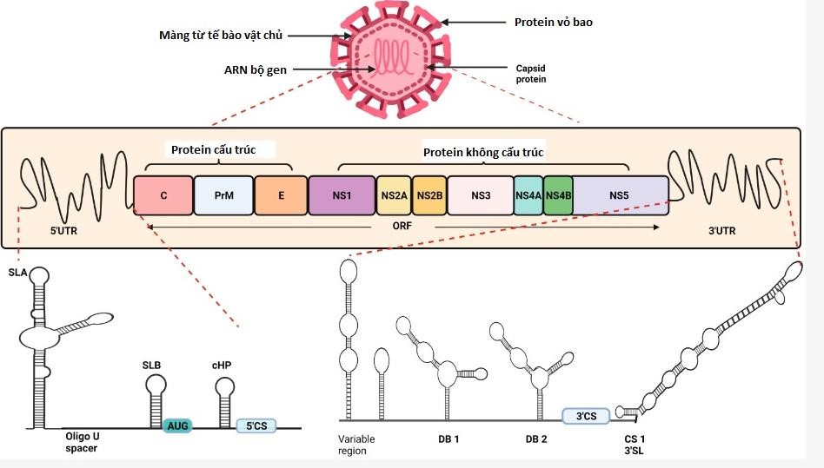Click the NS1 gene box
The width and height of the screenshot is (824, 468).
(342, 196)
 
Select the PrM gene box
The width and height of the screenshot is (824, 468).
(223, 196)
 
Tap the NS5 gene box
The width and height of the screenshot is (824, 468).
(619, 196)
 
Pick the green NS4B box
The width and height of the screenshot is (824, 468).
(558, 196)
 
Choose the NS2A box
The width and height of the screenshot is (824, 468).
(394, 196)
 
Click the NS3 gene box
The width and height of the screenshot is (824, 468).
(481, 196)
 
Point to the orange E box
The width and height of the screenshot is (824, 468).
(281, 196)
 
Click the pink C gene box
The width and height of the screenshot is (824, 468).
(163, 196)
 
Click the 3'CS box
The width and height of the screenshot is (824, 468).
(587, 416)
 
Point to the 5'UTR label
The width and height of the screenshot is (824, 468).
(60, 233)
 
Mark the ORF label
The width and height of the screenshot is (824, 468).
(404, 227)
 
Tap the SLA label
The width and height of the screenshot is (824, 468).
(17, 274)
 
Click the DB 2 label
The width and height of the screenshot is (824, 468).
(536, 438)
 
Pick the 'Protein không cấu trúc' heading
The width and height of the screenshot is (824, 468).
(483, 152)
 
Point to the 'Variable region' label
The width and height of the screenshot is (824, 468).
(356, 445)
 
